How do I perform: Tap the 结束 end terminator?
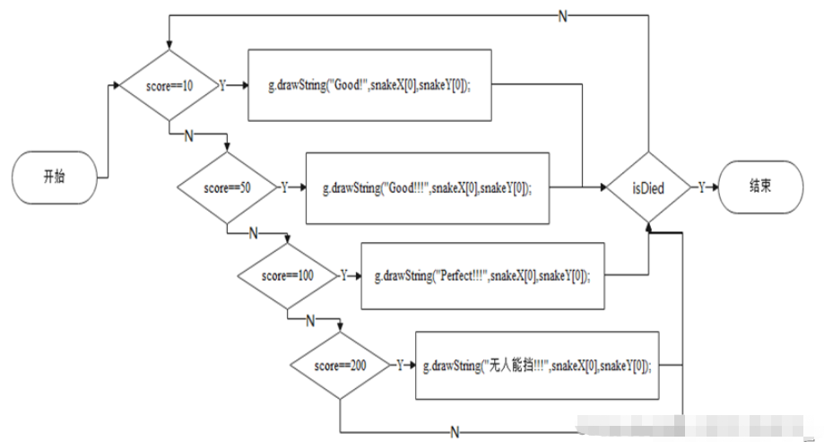click(x=760, y=187)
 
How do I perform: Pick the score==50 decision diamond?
click(x=227, y=188)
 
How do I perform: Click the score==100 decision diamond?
click(x=286, y=276)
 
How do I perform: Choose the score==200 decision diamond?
click(x=341, y=365)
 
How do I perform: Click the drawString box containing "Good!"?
click(x=369, y=86)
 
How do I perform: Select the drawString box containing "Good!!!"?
click(x=428, y=188)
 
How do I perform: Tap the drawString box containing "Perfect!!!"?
click(x=482, y=276)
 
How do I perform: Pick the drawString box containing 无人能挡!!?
click(x=537, y=365)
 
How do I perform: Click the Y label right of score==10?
click(x=222, y=86)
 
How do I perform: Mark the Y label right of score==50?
click(x=284, y=188)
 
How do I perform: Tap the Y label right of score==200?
click(x=399, y=365)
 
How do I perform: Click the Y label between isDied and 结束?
click(x=702, y=187)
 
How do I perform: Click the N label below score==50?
click(x=252, y=232)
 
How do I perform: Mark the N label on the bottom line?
click(x=455, y=432)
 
